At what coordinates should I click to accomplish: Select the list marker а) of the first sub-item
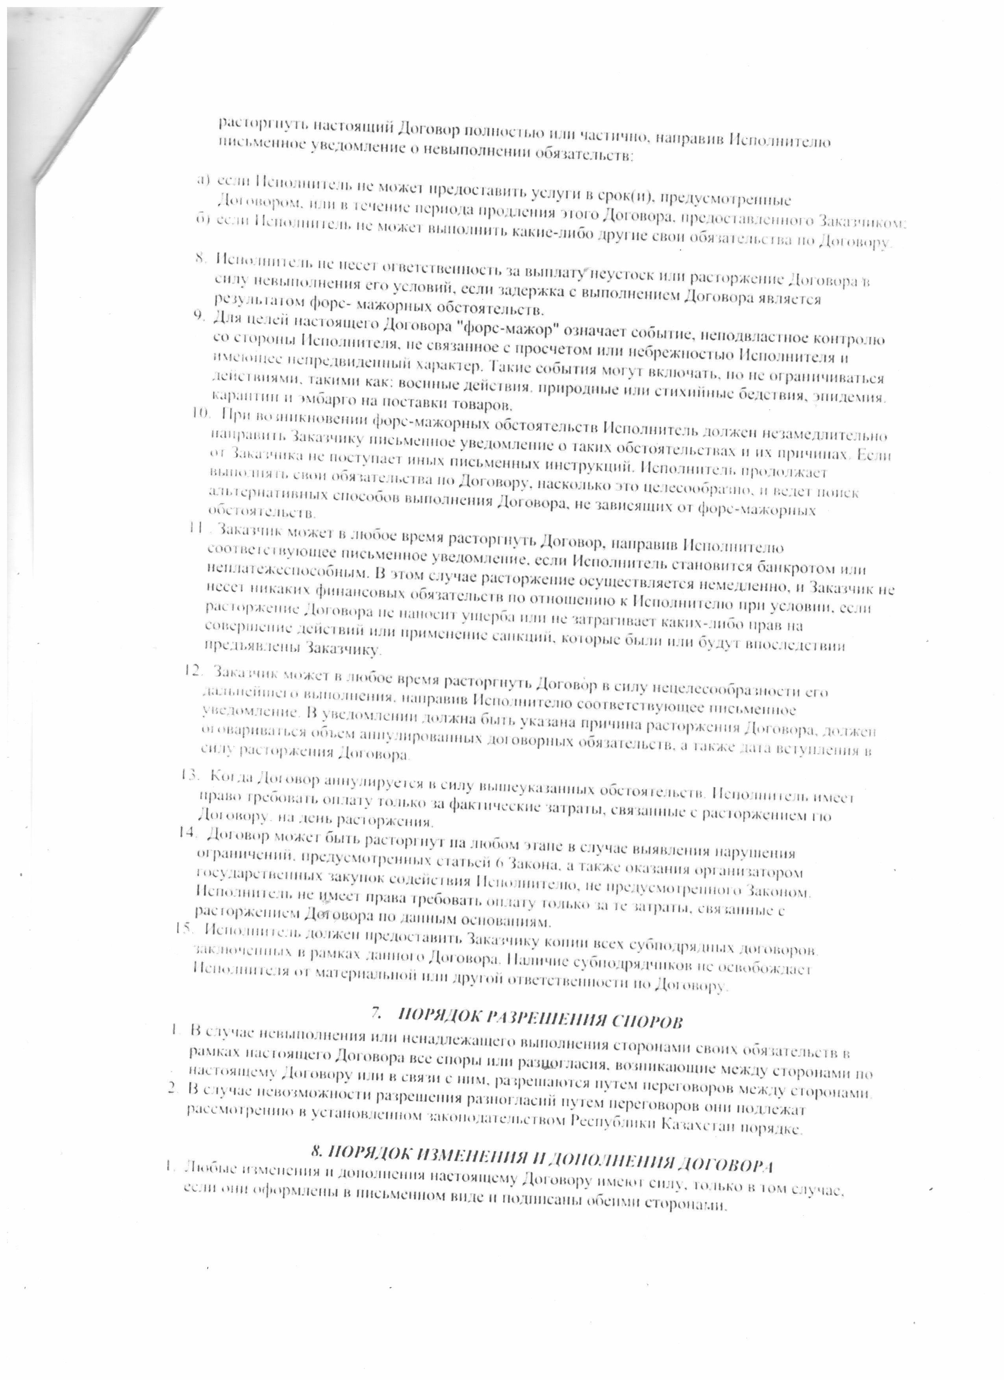[203, 179]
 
